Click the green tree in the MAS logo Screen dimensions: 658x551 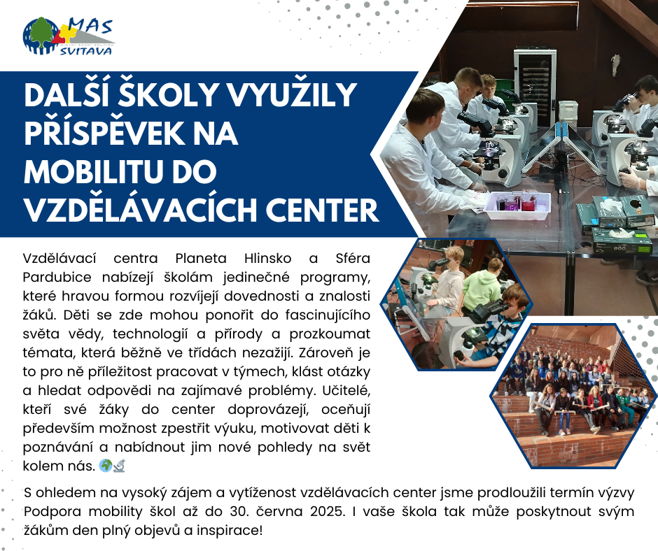[42, 34]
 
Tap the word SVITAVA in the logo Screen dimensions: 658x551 [86, 51]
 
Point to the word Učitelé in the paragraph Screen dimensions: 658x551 [346, 391]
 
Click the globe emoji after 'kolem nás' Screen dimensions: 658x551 [105, 465]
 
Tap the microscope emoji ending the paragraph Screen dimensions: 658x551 [119, 466]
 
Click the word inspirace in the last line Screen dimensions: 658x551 [228, 531]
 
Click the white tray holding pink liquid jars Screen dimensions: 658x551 [517, 206]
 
